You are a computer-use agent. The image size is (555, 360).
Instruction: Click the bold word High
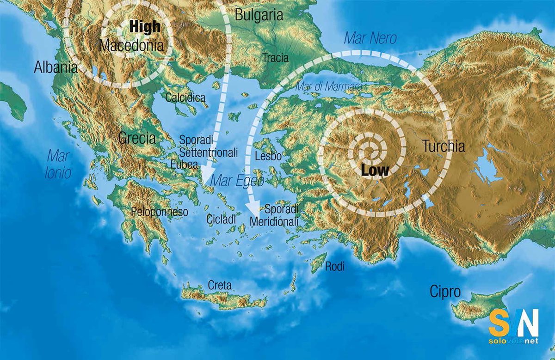tap(145, 27)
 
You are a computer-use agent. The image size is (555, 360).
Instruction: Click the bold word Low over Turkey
tap(375, 170)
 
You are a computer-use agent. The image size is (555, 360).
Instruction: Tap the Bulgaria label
tap(259, 15)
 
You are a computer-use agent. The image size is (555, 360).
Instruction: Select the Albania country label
tap(55, 67)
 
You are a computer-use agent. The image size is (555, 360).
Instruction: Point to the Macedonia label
tap(131, 46)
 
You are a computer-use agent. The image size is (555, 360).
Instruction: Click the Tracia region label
tap(275, 58)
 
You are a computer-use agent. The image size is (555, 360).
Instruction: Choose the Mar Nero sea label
tap(370, 38)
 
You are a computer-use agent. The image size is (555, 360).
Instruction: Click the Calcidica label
tap(185, 98)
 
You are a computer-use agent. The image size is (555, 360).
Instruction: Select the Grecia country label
tap(137, 138)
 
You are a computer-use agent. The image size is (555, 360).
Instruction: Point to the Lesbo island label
tap(268, 156)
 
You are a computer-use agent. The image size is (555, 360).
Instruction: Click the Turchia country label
tap(443, 146)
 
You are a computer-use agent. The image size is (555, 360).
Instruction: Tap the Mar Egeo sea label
tap(237, 181)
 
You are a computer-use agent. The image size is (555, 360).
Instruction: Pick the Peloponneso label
tap(160, 212)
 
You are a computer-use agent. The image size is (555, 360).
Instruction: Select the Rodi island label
tap(335, 266)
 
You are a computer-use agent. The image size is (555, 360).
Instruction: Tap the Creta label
tap(220, 285)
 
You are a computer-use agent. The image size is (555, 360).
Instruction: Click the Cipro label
tap(445, 292)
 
